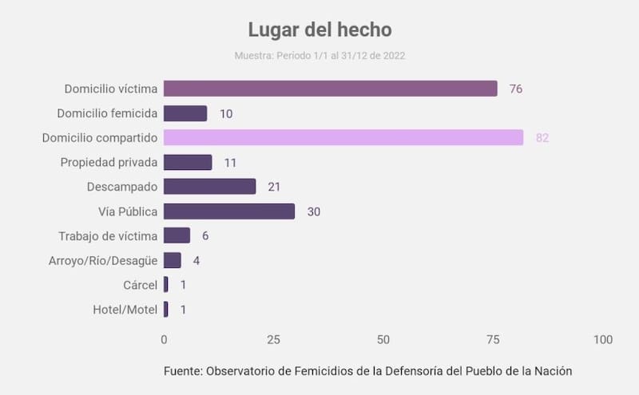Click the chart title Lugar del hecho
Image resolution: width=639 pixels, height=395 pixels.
[319, 30]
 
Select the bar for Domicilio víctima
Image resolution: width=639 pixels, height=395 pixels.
[330, 89]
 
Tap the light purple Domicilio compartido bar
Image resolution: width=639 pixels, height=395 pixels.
[343, 137]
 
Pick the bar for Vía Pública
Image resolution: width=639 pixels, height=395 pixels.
[229, 211]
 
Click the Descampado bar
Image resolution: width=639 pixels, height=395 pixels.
[209, 187]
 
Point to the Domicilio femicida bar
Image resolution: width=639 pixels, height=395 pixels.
[185, 113]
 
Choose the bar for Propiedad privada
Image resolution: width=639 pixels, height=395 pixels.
[188, 162]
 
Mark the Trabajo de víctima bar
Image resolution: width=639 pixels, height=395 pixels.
[177, 235]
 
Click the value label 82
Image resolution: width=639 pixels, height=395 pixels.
[542, 138]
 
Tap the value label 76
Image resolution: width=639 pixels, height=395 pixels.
[515, 89]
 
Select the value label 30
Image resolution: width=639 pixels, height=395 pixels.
[314, 211]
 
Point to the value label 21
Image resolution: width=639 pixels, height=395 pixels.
[275, 187]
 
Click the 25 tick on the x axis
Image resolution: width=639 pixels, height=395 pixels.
[273, 339]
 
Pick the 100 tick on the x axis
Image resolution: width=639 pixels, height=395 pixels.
[603, 339]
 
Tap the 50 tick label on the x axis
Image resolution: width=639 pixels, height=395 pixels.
[383, 339]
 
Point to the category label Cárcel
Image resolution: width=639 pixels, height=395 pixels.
[140, 285]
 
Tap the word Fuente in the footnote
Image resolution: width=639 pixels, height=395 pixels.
[183, 371]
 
